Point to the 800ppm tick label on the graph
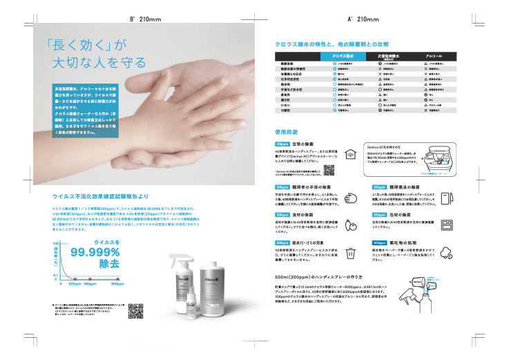tap(118, 283)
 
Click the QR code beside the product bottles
tap(136, 311)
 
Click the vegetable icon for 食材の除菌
tap(351, 224)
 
